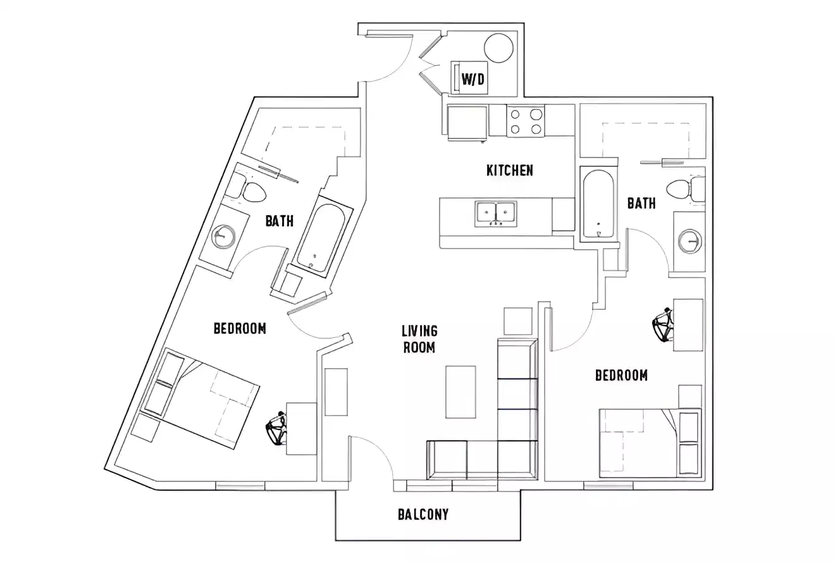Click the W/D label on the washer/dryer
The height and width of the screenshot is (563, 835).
click(x=473, y=79)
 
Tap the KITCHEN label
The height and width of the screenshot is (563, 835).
click(x=509, y=170)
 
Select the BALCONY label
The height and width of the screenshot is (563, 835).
click(x=423, y=514)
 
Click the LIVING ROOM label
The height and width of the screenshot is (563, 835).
click(x=419, y=339)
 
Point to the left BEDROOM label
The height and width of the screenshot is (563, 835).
click(x=240, y=328)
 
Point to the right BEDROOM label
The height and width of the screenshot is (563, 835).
click(x=621, y=376)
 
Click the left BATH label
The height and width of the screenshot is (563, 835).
click(x=279, y=221)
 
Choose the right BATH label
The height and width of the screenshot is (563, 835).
click(x=641, y=203)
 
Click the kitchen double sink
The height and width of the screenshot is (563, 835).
click(x=495, y=213)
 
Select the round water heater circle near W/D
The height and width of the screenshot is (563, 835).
click(x=500, y=47)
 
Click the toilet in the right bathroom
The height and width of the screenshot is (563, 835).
click(x=680, y=189)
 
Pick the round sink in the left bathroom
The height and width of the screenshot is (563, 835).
click(x=223, y=237)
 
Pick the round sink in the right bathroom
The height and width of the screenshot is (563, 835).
click(x=690, y=241)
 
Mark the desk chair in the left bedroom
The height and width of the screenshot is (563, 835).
click(x=276, y=429)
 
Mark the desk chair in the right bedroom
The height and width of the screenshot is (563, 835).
click(x=662, y=325)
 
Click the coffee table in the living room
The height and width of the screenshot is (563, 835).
click(x=460, y=392)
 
